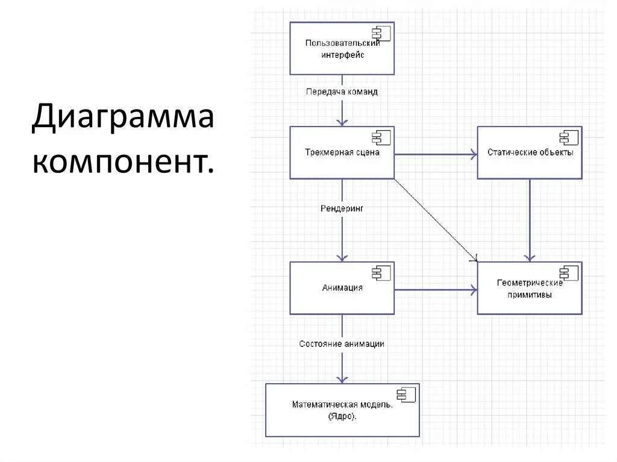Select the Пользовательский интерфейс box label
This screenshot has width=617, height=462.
pos(342,49)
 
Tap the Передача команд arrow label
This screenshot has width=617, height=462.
pos(342,92)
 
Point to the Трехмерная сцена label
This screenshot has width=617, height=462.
pos(342,153)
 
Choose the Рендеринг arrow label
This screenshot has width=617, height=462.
pos(342,208)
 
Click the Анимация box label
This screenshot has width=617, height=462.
pos(342,288)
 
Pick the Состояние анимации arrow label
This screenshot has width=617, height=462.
pos(342,344)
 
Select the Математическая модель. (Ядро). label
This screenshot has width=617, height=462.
pos(342,410)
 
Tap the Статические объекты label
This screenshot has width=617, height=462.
pos(530,153)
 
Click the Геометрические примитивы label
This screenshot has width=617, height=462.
pos(530,289)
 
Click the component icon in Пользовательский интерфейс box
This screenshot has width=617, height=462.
pos(381,33)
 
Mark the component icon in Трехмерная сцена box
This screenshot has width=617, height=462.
pos(381,137)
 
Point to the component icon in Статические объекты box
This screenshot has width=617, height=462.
pos(569,137)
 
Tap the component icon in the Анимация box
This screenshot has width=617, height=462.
pos(381,273)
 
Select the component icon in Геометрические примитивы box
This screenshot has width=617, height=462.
pos(569,273)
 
